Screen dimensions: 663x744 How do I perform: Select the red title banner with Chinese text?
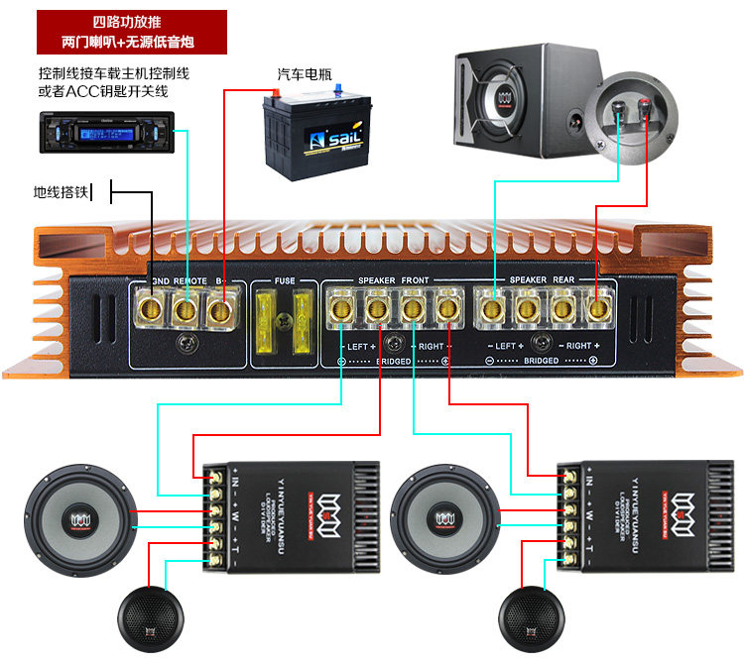pyautogui.click(x=130, y=33)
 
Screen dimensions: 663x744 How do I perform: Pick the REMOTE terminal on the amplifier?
pyautogui.click(x=185, y=310)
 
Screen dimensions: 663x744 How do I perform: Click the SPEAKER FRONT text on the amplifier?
pyautogui.click(x=394, y=281)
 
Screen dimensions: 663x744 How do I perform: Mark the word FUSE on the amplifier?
pyautogui.click(x=285, y=281)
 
